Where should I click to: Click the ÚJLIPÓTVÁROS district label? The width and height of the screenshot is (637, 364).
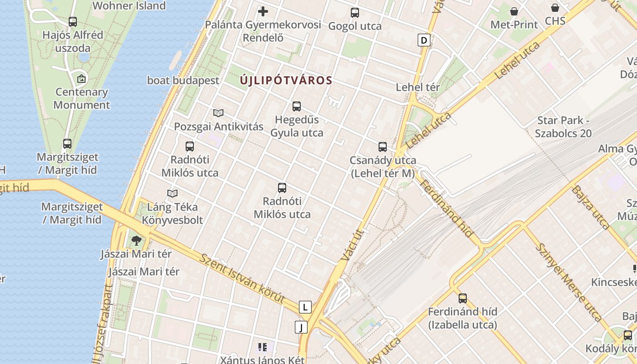point(286,81)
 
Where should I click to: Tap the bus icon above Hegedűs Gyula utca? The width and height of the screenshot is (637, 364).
point(297,106)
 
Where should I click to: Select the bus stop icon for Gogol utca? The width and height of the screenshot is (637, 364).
point(355,13)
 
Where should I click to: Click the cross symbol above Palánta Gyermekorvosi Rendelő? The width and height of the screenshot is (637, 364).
point(263,11)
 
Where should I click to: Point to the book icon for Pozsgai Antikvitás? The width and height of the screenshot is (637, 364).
point(218,113)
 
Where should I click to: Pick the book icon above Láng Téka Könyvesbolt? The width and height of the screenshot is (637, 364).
point(172,194)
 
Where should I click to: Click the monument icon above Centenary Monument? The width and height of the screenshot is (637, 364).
point(81,79)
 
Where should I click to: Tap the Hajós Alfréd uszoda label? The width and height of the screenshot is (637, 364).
point(73,41)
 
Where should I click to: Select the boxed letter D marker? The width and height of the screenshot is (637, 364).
point(424,40)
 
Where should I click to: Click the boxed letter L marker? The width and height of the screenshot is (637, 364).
point(305,307)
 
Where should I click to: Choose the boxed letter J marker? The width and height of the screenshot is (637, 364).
point(301,327)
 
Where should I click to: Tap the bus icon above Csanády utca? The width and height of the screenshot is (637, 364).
point(383,147)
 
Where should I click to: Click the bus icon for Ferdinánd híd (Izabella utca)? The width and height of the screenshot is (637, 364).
point(463,298)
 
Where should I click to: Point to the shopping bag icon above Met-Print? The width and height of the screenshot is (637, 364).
point(514,11)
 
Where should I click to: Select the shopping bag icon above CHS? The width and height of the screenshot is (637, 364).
point(555,8)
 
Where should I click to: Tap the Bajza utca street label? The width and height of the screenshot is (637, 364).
point(591,207)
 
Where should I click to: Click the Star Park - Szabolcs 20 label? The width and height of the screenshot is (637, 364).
point(563,127)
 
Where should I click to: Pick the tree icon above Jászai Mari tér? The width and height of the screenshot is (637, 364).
point(136,240)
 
